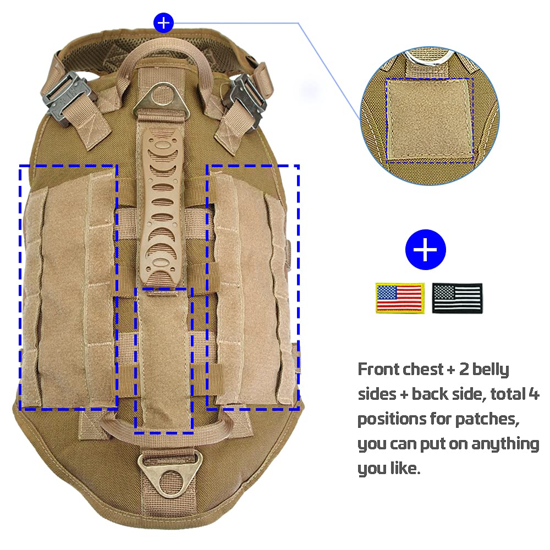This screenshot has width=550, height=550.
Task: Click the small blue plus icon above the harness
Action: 163,23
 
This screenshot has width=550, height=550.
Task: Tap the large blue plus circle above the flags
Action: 426,250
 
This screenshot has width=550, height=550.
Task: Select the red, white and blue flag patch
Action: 400,298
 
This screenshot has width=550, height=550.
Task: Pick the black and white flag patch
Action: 458,298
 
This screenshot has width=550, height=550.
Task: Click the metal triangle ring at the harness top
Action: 161,99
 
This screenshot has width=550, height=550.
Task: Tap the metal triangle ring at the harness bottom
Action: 170,474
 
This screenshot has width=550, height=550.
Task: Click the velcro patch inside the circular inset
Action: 430,121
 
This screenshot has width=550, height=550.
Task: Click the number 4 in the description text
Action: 533,394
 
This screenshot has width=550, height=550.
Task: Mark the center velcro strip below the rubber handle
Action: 164,361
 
